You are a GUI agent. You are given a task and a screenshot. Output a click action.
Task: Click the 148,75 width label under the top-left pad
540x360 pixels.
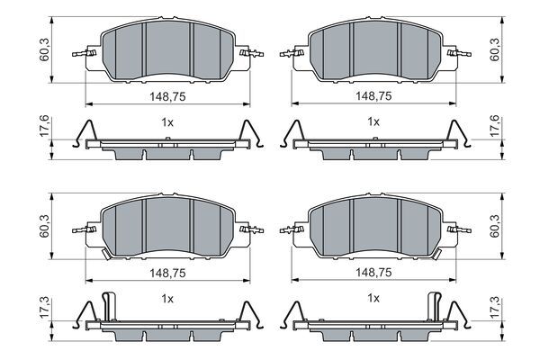[x=167, y=96]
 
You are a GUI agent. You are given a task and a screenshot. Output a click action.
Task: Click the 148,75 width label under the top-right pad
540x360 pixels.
[x=373, y=95]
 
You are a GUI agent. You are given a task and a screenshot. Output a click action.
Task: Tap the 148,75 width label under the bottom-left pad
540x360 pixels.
[x=167, y=274]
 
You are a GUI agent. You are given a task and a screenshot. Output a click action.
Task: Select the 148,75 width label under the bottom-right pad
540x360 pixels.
[x=373, y=273]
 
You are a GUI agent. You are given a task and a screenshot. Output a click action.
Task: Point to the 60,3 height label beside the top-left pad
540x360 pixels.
[x=45, y=50]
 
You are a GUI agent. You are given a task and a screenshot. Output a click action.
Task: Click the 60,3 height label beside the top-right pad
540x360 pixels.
[x=495, y=50]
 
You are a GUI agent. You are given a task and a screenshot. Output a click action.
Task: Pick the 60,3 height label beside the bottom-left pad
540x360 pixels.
[x=45, y=226]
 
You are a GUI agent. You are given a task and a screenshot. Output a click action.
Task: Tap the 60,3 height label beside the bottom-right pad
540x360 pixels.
[x=495, y=226]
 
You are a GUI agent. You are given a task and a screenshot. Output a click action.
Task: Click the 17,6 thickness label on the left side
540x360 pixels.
[x=45, y=126]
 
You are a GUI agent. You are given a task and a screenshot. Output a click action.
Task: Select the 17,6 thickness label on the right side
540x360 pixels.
[x=495, y=126]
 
